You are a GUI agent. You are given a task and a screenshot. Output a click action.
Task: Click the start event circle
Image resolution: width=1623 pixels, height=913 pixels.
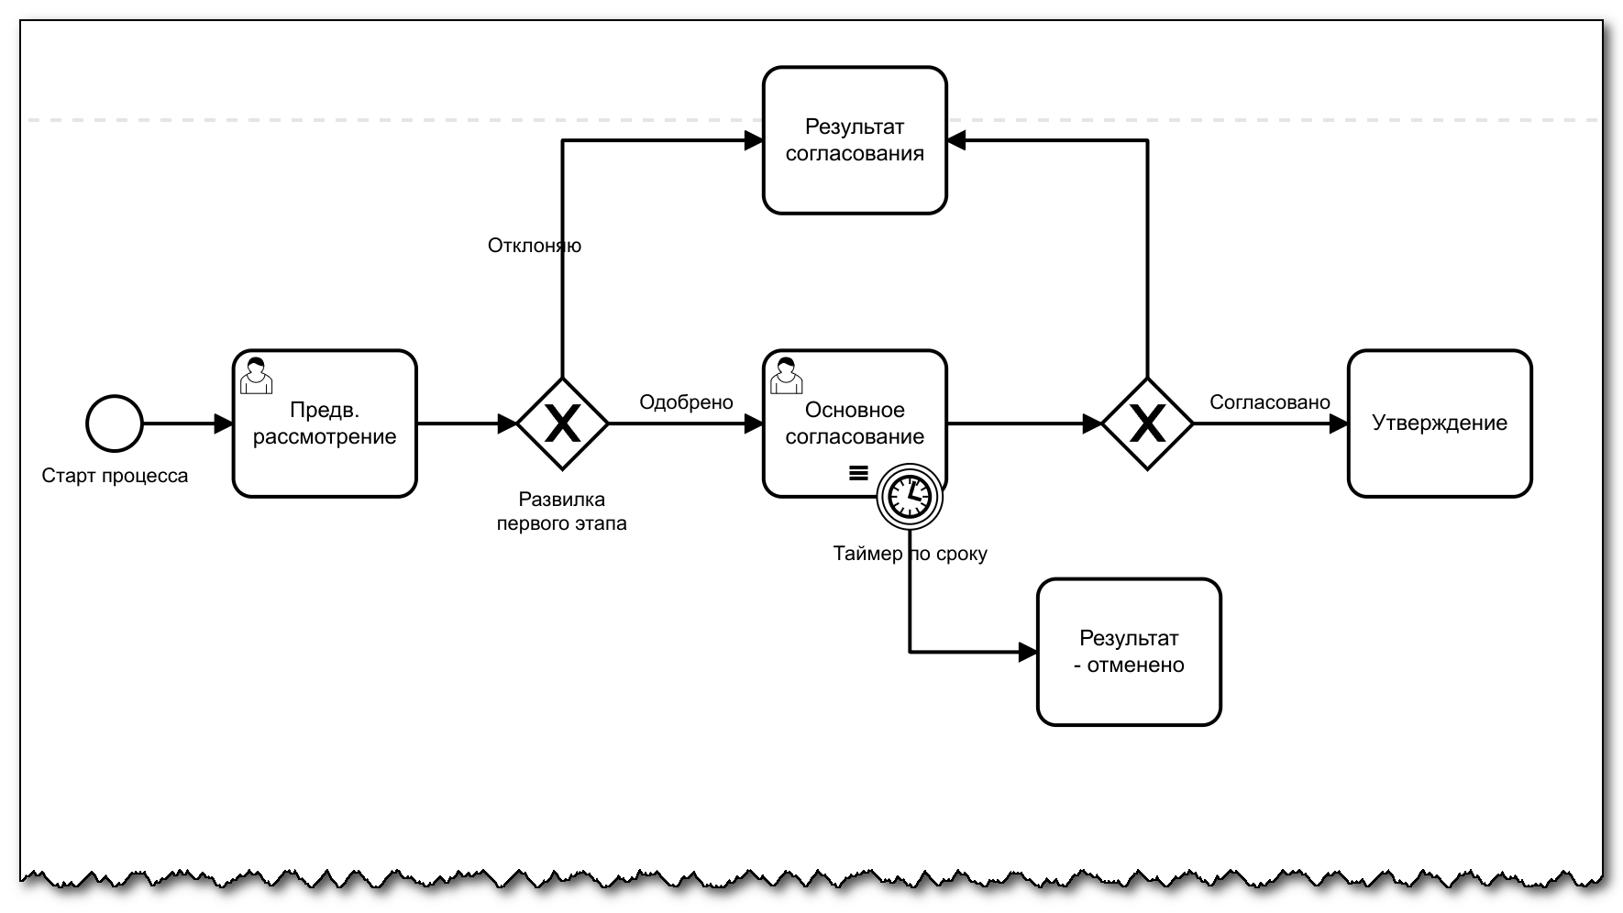[x=115, y=423]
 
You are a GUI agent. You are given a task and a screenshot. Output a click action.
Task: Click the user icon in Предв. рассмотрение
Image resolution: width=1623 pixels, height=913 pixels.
[x=256, y=375]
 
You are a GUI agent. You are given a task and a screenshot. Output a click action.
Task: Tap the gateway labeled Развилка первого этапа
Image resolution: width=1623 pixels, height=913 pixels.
[x=562, y=423]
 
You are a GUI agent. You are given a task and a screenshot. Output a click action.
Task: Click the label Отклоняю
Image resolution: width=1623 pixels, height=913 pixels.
[x=534, y=246]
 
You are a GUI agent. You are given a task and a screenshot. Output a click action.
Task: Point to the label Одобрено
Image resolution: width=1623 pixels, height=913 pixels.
[x=686, y=402]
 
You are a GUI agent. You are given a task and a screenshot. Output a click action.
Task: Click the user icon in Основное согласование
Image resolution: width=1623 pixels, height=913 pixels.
[x=786, y=375]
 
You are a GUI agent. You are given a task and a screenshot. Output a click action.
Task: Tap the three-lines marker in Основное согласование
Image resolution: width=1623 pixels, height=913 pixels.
[x=858, y=473]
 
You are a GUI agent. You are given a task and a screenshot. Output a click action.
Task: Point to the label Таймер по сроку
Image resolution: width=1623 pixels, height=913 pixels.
[x=910, y=554]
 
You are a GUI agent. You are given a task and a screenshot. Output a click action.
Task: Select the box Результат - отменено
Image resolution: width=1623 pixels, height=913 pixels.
[x=1129, y=652]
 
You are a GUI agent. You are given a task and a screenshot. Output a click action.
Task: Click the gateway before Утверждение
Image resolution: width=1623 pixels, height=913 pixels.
[x=1147, y=423]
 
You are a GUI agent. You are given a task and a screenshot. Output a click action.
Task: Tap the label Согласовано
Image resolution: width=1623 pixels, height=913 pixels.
[x=1269, y=402]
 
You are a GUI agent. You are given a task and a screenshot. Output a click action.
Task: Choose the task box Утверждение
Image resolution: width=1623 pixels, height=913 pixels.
[x=1439, y=423]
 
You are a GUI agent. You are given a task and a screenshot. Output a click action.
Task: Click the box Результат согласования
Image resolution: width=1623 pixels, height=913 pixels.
[x=855, y=140]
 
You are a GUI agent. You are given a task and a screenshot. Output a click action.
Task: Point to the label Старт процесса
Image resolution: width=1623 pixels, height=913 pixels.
[x=115, y=476]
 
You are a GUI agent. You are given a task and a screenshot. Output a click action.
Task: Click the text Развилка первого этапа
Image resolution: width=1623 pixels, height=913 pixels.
[x=561, y=511]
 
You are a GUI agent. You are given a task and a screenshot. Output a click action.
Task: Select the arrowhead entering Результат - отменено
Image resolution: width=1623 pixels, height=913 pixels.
[x=1028, y=653]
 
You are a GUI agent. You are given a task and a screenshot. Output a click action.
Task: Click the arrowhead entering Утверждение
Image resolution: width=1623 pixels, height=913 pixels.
[x=1339, y=423]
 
